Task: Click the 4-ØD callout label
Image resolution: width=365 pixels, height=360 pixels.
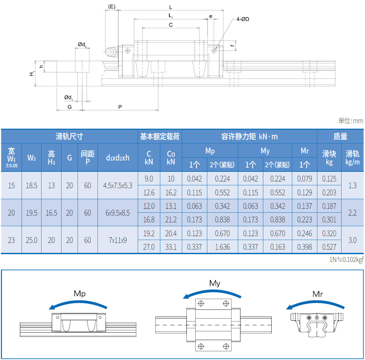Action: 242,19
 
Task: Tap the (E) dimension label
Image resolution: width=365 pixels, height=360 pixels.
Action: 112,6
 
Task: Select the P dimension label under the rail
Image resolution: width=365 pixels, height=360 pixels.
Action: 120,107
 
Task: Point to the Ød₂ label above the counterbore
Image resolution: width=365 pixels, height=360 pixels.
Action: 82,44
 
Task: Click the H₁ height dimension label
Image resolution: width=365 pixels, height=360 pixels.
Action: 32,74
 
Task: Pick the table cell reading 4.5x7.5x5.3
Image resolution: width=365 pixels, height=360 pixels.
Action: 117,186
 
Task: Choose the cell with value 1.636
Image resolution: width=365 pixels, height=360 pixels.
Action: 222,247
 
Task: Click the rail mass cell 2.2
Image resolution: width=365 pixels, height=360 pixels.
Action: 352,213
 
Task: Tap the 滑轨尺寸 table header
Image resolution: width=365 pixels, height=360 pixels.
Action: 69,136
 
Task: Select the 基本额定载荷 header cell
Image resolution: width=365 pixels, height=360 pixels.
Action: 160,136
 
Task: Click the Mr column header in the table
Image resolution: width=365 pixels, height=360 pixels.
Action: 304,151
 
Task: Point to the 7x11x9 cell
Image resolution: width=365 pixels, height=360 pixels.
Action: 117,240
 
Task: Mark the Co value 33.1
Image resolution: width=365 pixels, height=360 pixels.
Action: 171,247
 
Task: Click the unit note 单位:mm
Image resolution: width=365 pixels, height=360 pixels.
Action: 351,121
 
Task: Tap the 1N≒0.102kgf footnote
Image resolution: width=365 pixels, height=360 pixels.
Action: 346,260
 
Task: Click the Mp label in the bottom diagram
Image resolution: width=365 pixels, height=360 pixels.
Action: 80,293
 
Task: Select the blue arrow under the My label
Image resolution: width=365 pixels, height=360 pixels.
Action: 212,293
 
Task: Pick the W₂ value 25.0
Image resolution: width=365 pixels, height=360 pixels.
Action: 32,240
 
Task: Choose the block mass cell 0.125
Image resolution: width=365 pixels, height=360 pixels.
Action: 329,179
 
